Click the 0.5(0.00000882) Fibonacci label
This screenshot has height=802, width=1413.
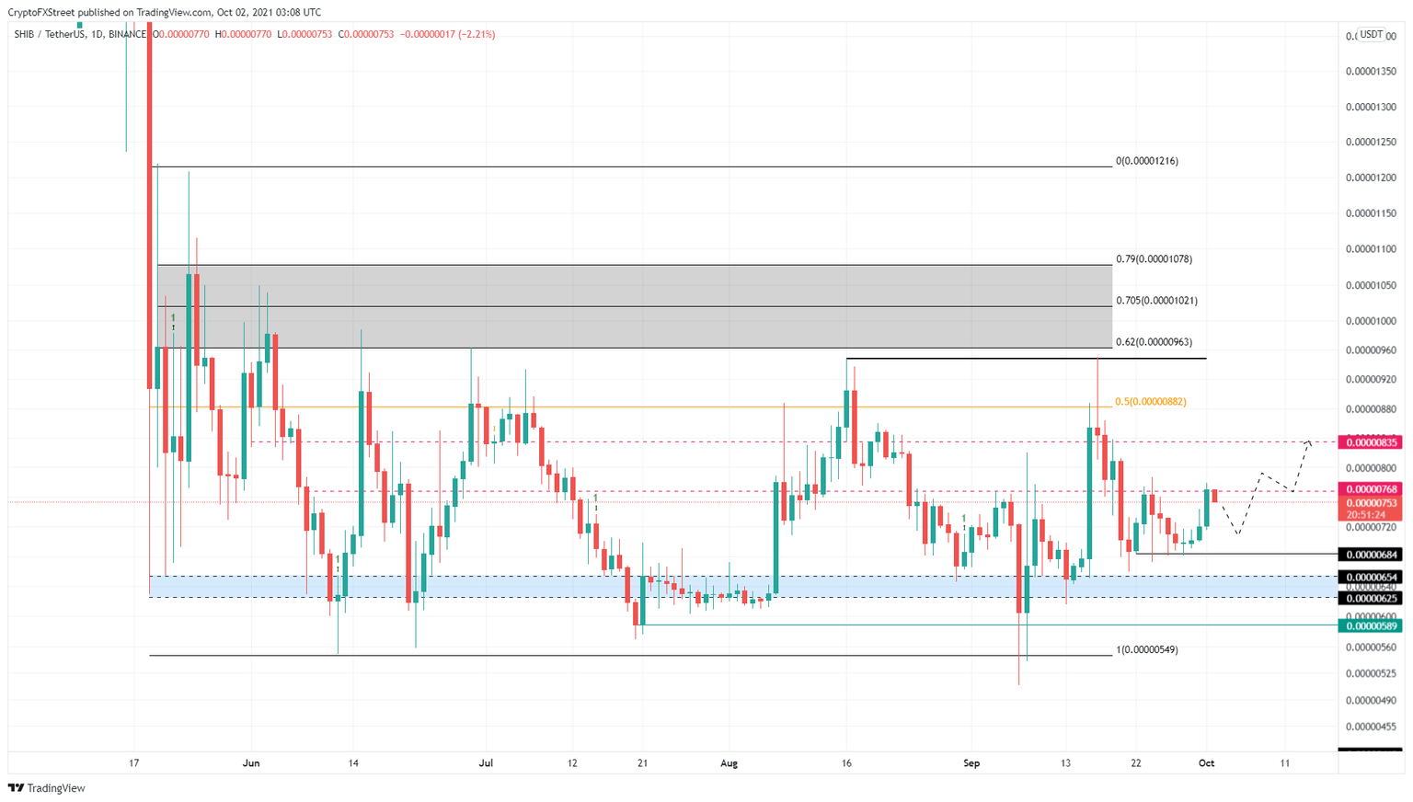point(1150,402)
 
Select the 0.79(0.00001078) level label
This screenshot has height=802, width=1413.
point(1154,259)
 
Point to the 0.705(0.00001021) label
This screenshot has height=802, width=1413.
point(1156,301)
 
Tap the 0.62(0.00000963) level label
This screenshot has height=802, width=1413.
point(1154,342)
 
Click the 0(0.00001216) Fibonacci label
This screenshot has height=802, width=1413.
point(1146,161)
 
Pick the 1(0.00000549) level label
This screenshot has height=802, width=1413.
point(1146,649)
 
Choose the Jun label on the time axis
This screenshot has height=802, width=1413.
point(251,763)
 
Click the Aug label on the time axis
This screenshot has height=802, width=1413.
point(729,763)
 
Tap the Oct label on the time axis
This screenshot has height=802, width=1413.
point(1206,763)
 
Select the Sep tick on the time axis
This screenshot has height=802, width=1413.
point(972,763)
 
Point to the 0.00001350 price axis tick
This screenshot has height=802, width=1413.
point(1371,71)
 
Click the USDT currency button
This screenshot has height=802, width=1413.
point(1372,35)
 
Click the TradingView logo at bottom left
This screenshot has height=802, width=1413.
point(47,788)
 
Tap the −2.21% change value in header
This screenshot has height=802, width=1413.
point(480,35)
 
